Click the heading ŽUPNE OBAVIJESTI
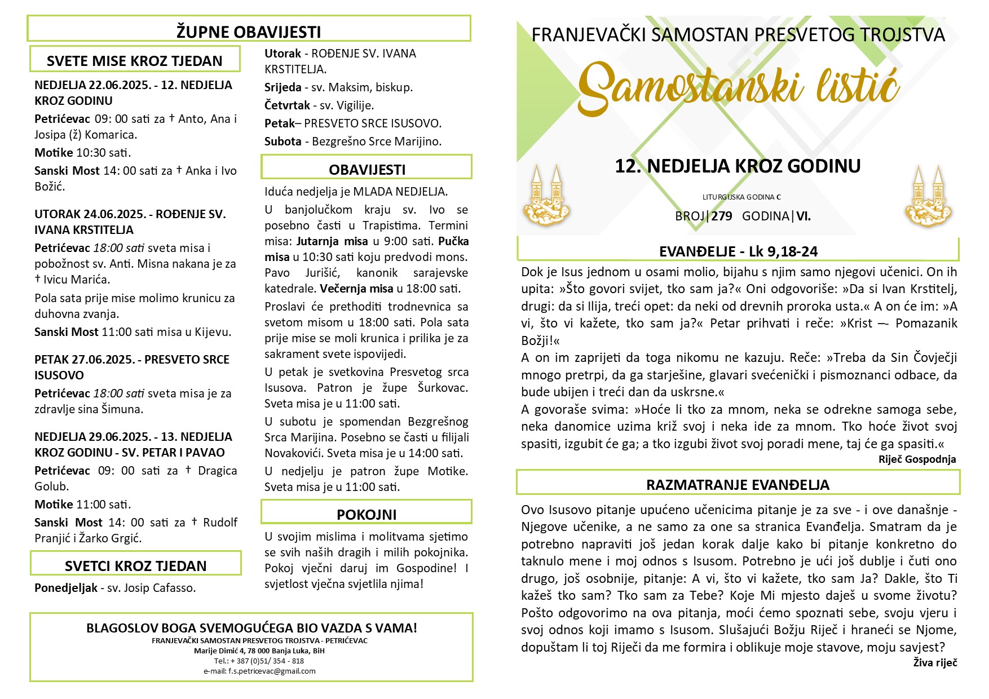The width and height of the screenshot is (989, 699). pyautogui.click(x=249, y=32)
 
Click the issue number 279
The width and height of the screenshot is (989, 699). pyautogui.click(x=722, y=216)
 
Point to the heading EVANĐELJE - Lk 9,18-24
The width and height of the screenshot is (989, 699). pyautogui.click(x=738, y=251)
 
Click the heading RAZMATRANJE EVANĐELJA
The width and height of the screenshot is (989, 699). pyautogui.click(x=738, y=485)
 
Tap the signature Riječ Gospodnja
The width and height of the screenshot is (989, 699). pyautogui.click(x=917, y=459)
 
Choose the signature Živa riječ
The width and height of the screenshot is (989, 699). pyautogui.click(x=935, y=663)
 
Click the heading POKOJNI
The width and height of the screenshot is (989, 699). pyautogui.click(x=367, y=514)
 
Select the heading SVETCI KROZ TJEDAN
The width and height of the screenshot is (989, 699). pyautogui.click(x=135, y=565)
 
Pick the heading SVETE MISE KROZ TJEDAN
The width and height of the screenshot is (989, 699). pyautogui.click(x=135, y=61)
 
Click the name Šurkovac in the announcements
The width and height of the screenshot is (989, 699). pyautogui.click(x=443, y=388)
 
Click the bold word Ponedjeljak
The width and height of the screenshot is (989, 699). pyautogui.click(x=66, y=588)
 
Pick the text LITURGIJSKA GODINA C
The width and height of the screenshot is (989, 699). pyautogui.click(x=741, y=197)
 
